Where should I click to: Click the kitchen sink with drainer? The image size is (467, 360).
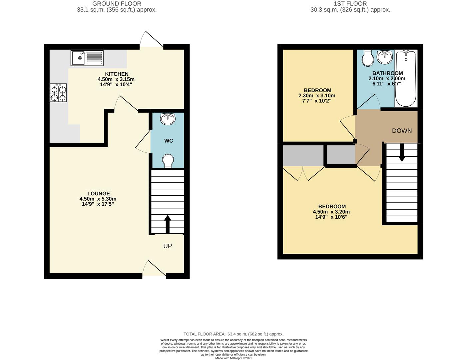[x=87, y=58]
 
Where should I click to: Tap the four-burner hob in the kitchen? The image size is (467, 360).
[x=58, y=93]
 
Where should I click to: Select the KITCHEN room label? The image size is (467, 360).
[x=117, y=74]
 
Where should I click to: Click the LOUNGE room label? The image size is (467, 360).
[x=99, y=193]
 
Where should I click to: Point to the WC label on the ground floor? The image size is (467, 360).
[x=169, y=141]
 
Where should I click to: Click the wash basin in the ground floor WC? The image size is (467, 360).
[x=168, y=119]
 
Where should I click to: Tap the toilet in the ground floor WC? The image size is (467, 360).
[x=168, y=161]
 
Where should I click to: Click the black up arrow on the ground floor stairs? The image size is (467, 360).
[x=168, y=224]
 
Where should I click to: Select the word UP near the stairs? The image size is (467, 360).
[x=168, y=246]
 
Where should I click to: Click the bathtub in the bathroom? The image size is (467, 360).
[x=406, y=79]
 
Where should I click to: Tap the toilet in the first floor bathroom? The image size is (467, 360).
[x=368, y=58]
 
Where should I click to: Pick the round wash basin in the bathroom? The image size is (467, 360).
[x=385, y=57]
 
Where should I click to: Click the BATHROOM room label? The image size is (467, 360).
[x=387, y=73]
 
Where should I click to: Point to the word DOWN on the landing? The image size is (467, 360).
[x=402, y=131]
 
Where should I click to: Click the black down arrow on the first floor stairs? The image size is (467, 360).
[x=402, y=152]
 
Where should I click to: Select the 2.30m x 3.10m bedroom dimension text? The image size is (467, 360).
[x=317, y=95]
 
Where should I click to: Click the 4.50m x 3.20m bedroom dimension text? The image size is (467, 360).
[x=331, y=212]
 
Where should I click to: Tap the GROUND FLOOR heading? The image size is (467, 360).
[x=117, y=4]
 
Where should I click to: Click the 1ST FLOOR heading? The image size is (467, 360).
[x=350, y=4]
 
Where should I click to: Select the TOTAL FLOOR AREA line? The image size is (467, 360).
[x=233, y=334]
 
